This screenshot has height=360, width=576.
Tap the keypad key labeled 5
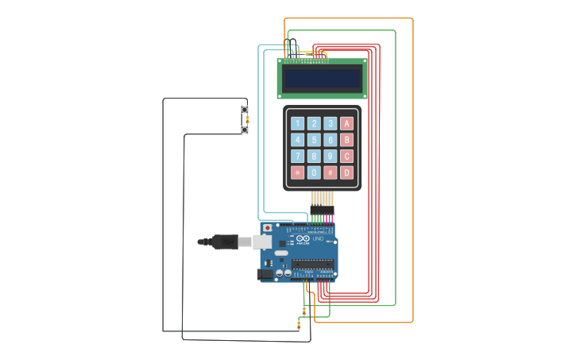(x=314, y=140)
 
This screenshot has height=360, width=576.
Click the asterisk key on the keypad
(x=297, y=172)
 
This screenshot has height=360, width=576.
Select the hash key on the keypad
(x=331, y=172)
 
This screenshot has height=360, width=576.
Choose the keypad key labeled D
(x=346, y=172)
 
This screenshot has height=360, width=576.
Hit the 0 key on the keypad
(x=314, y=172)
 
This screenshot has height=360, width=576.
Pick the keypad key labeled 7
(x=297, y=157)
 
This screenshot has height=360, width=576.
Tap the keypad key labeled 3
(x=331, y=123)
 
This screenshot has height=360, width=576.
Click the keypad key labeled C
(x=346, y=157)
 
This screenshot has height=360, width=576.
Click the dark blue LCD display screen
(x=322, y=78)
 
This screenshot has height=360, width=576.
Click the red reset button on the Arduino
(x=267, y=228)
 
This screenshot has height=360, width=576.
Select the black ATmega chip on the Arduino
(x=312, y=264)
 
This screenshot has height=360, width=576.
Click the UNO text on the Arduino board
(x=317, y=239)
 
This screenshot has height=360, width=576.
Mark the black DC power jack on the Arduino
(x=265, y=274)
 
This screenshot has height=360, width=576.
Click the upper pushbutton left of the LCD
(x=245, y=110)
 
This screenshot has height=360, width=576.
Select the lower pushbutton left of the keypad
(x=245, y=130)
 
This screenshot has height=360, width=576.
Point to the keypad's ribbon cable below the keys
(x=322, y=199)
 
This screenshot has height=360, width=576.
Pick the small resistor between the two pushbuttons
(x=246, y=119)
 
